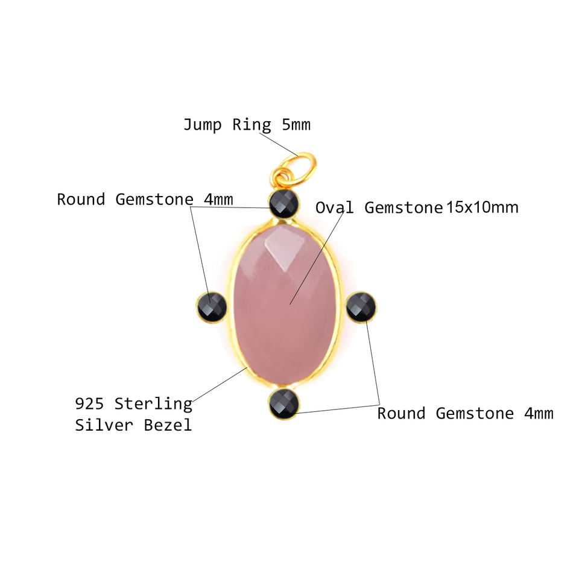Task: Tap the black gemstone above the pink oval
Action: [284, 203]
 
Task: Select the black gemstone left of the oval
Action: [212, 307]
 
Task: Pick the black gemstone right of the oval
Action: [361, 306]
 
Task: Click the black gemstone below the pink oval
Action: [284, 403]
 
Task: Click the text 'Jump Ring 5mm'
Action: [247, 125]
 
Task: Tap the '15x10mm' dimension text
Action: [482, 208]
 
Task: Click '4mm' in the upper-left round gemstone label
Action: [218, 200]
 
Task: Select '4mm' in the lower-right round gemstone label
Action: [538, 414]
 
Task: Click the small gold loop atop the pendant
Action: [282, 177]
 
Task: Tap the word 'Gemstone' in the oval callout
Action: [403, 208]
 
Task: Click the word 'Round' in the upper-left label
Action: [81, 200]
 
